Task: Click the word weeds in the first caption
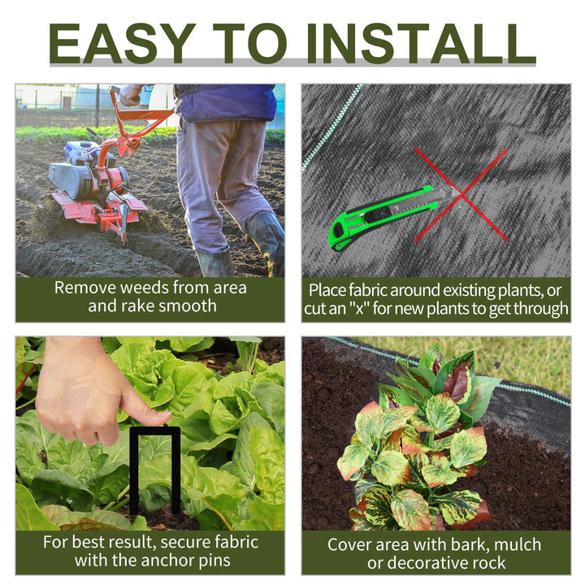155,288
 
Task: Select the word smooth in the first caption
188,306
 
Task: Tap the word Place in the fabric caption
331,290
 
